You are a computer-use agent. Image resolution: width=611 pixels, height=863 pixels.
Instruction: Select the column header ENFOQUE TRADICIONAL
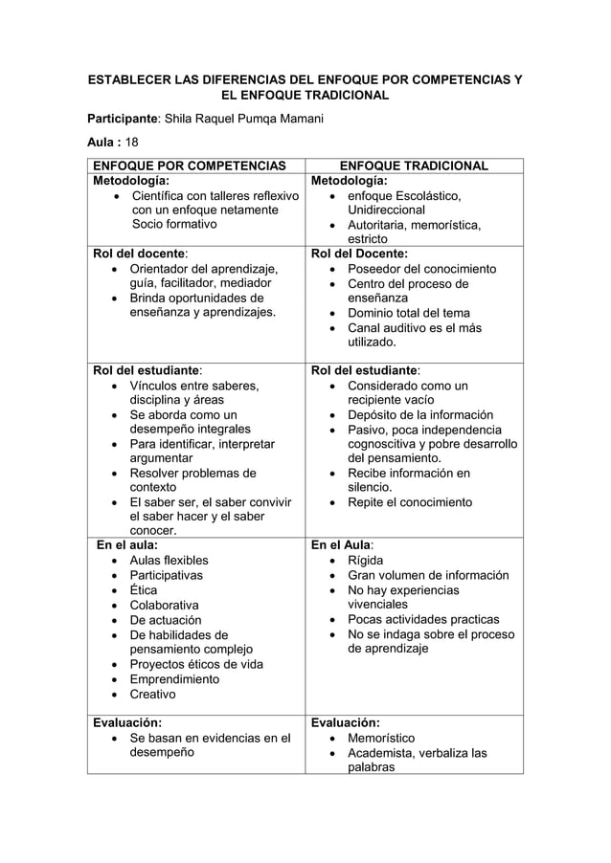coord(414,166)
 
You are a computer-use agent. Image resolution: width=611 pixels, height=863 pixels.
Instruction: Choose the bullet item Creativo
coord(152,695)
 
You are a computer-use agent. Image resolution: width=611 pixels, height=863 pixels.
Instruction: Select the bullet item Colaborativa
coord(164,606)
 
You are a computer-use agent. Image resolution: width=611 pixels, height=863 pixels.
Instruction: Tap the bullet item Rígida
coord(365,561)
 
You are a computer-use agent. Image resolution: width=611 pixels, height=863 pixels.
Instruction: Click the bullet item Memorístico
coord(381,739)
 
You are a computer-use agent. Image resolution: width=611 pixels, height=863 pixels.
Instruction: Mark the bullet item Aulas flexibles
coord(169,561)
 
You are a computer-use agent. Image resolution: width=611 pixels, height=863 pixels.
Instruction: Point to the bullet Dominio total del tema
coord(408,313)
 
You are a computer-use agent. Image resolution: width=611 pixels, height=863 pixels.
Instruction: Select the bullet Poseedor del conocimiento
coord(421,269)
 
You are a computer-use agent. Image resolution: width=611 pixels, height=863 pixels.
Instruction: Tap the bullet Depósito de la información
coord(420,415)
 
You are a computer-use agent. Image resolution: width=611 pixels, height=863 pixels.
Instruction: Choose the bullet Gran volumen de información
coord(427,576)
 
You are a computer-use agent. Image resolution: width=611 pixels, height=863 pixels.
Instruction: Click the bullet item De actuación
coord(165,620)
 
